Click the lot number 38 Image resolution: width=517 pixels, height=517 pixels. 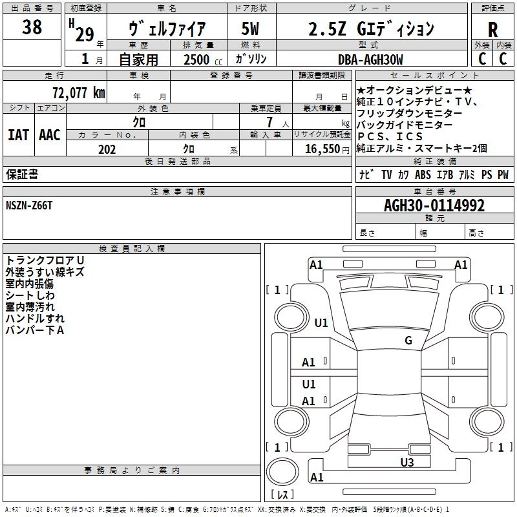pyautogui.click(x=32, y=28)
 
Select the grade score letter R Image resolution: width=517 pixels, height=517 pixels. pyautogui.click(x=492, y=30)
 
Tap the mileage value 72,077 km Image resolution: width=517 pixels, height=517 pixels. pyautogui.click(x=78, y=92)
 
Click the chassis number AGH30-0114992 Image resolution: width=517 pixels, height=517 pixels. pyautogui.click(x=434, y=206)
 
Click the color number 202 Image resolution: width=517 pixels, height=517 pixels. pyautogui.click(x=107, y=149)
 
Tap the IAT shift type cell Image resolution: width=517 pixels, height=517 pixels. pyautogui.click(x=18, y=135)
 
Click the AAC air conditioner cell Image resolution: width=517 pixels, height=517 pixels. pyautogui.click(x=50, y=135)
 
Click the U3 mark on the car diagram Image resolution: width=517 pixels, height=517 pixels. pyautogui.click(x=406, y=462)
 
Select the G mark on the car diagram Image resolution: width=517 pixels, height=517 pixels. pyautogui.click(x=408, y=341)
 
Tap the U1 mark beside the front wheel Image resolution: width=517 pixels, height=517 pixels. pyautogui.click(x=321, y=322)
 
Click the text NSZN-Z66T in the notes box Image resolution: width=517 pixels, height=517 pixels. pyautogui.click(x=30, y=206)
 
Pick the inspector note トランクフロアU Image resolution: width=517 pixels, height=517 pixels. pyautogui.click(x=45, y=260)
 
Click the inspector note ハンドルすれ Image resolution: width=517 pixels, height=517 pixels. pyautogui.click(x=35, y=319)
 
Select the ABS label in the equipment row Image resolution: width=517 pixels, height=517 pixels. pyautogui.click(x=423, y=174)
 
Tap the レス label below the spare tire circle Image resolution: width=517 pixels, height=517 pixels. pyautogui.click(x=285, y=494)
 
